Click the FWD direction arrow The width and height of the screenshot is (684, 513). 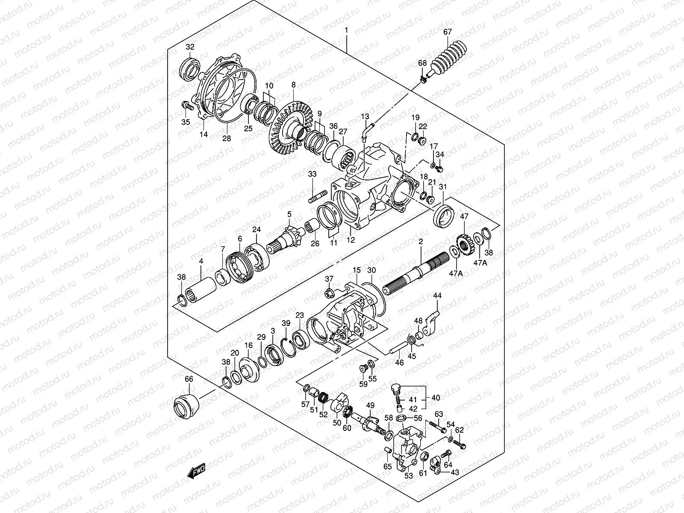tap(196, 472)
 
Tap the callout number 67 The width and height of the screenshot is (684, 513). tap(447, 32)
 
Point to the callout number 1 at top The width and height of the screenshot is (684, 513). tap(347, 31)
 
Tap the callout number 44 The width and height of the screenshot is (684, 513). tap(437, 295)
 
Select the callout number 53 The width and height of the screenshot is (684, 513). tap(408, 475)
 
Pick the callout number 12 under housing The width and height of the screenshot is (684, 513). tap(351, 240)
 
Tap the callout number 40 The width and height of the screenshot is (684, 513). tap(436, 398)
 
